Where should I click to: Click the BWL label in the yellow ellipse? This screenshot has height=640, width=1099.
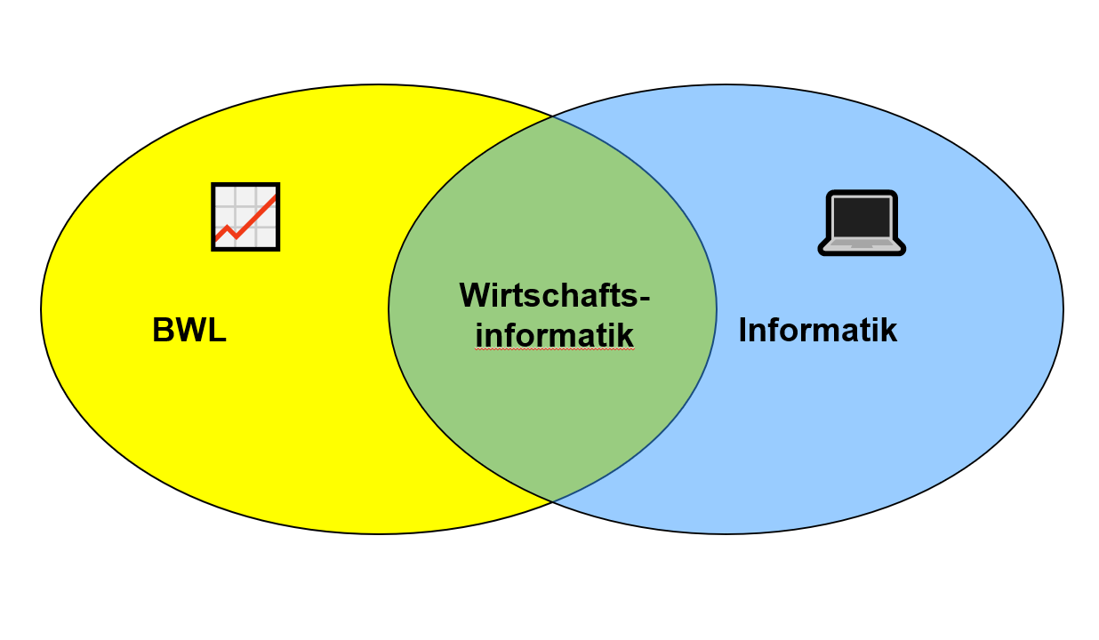coord(189,331)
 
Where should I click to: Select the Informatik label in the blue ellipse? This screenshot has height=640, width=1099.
coord(817,331)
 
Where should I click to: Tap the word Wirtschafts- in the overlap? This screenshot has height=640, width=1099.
coord(554,294)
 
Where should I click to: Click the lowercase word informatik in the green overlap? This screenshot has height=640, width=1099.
coord(554,335)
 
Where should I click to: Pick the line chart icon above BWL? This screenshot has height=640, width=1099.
coord(245,217)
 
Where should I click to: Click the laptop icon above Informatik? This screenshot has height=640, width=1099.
coord(861,223)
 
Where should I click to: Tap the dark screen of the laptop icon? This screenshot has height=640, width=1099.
coord(861,216)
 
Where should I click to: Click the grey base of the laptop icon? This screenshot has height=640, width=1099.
coord(861,244)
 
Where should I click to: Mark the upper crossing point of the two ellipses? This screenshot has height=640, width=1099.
coord(552,116)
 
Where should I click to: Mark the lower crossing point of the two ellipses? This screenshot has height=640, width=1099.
coord(552,502)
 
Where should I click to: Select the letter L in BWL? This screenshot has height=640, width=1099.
coord(218,331)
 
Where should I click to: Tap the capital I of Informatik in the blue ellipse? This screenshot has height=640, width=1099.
coord(743,331)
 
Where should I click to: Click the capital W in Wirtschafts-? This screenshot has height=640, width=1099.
coord(475,294)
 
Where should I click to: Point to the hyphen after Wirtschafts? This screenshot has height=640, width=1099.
coord(645,299)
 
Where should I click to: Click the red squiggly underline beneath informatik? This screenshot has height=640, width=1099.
coord(554,350)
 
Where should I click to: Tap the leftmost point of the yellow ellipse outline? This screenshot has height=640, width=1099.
coord(41,309)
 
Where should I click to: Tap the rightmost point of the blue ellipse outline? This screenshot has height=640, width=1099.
coord(1063,309)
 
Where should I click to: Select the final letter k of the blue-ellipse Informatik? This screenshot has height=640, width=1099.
coord(889,331)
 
